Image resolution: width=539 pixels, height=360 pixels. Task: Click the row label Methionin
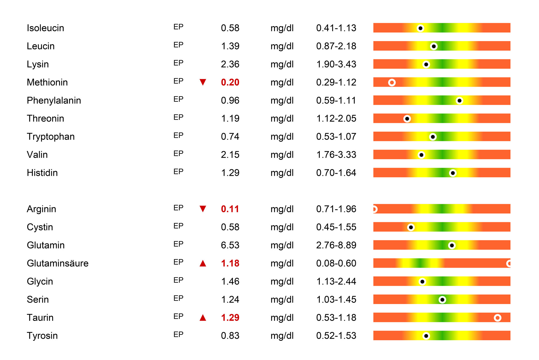pos(47,82)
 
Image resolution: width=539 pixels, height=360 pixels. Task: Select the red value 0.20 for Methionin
pos(230,82)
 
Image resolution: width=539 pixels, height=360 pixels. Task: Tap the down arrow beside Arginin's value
pos(203,209)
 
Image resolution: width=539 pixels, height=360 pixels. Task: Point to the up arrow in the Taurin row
pos(203,318)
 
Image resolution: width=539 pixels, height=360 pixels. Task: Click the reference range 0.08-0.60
pos(336,263)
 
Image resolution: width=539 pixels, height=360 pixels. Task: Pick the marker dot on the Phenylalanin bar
pos(459,101)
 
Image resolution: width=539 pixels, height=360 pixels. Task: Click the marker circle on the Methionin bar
pos(392,83)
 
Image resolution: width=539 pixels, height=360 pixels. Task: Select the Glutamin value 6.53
pos(230,245)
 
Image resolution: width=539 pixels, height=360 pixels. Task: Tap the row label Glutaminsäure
pos(58,263)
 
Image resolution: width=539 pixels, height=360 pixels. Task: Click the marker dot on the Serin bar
pos(442,300)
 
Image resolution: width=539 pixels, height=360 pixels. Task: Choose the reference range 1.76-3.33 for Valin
pos(336,155)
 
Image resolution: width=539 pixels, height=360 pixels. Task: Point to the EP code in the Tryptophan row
pos(178,135)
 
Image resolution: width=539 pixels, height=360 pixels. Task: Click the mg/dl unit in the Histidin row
pos(282,173)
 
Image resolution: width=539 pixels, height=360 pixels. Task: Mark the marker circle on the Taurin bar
pos(497,318)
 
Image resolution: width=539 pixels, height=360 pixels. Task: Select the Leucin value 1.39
pos(230,46)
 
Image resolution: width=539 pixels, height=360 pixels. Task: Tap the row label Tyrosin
pos(42,336)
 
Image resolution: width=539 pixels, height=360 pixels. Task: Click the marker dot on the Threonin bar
pos(407,119)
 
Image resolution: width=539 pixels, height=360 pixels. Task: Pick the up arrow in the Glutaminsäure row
pos(203,263)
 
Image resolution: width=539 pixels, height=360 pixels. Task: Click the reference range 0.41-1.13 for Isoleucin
pos(336,28)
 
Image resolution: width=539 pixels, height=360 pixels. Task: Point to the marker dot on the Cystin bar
pos(411,227)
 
